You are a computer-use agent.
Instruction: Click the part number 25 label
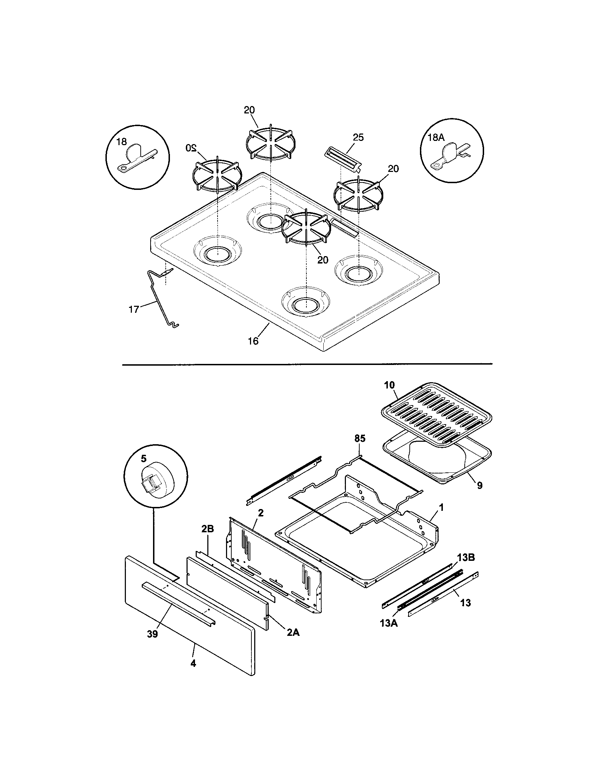pos(358,138)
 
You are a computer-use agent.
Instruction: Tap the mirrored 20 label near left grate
pos(190,148)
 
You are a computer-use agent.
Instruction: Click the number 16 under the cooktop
pos(253,341)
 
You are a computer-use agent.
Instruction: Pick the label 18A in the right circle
pos(436,138)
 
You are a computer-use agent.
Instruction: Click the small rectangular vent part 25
pos(343,159)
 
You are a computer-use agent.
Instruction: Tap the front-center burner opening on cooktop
pos(305,303)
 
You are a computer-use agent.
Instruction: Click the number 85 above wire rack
pos(359,439)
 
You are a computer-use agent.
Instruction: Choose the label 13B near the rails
pos(466,558)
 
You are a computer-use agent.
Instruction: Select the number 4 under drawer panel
pos(193,663)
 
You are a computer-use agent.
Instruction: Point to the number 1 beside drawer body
pos(441,507)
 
